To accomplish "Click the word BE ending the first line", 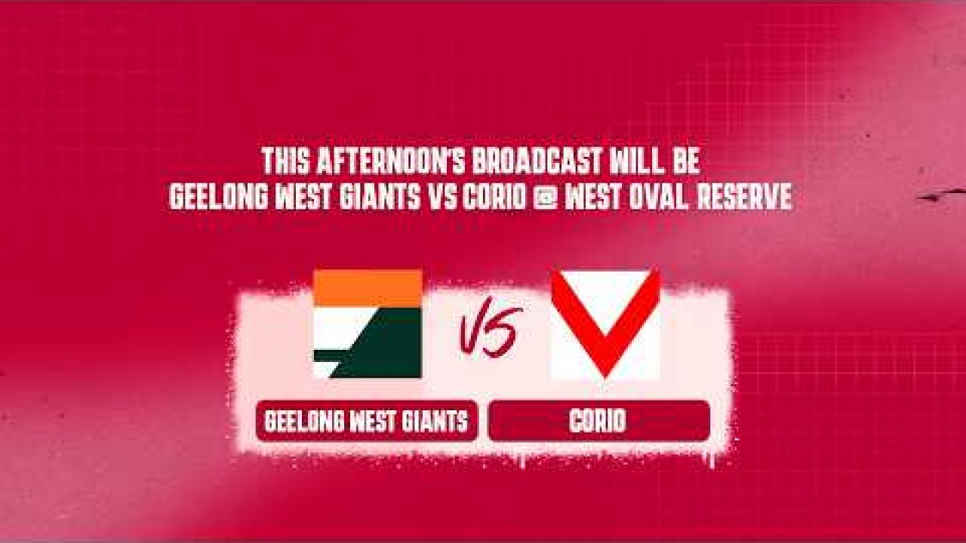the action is pyautogui.click(x=681, y=161).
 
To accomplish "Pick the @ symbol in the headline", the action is pyautogui.click(x=545, y=198).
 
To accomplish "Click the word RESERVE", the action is pyautogui.click(x=744, y=197).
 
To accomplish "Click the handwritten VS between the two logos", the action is pyautogui.click(x=489, y=331).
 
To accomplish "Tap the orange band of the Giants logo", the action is pyautogui.click(x=368, y=288).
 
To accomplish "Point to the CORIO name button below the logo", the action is pyautogui.click(x=599, y=421).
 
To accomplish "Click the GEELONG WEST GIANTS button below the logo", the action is pyautogui.click(x=367, y=421).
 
